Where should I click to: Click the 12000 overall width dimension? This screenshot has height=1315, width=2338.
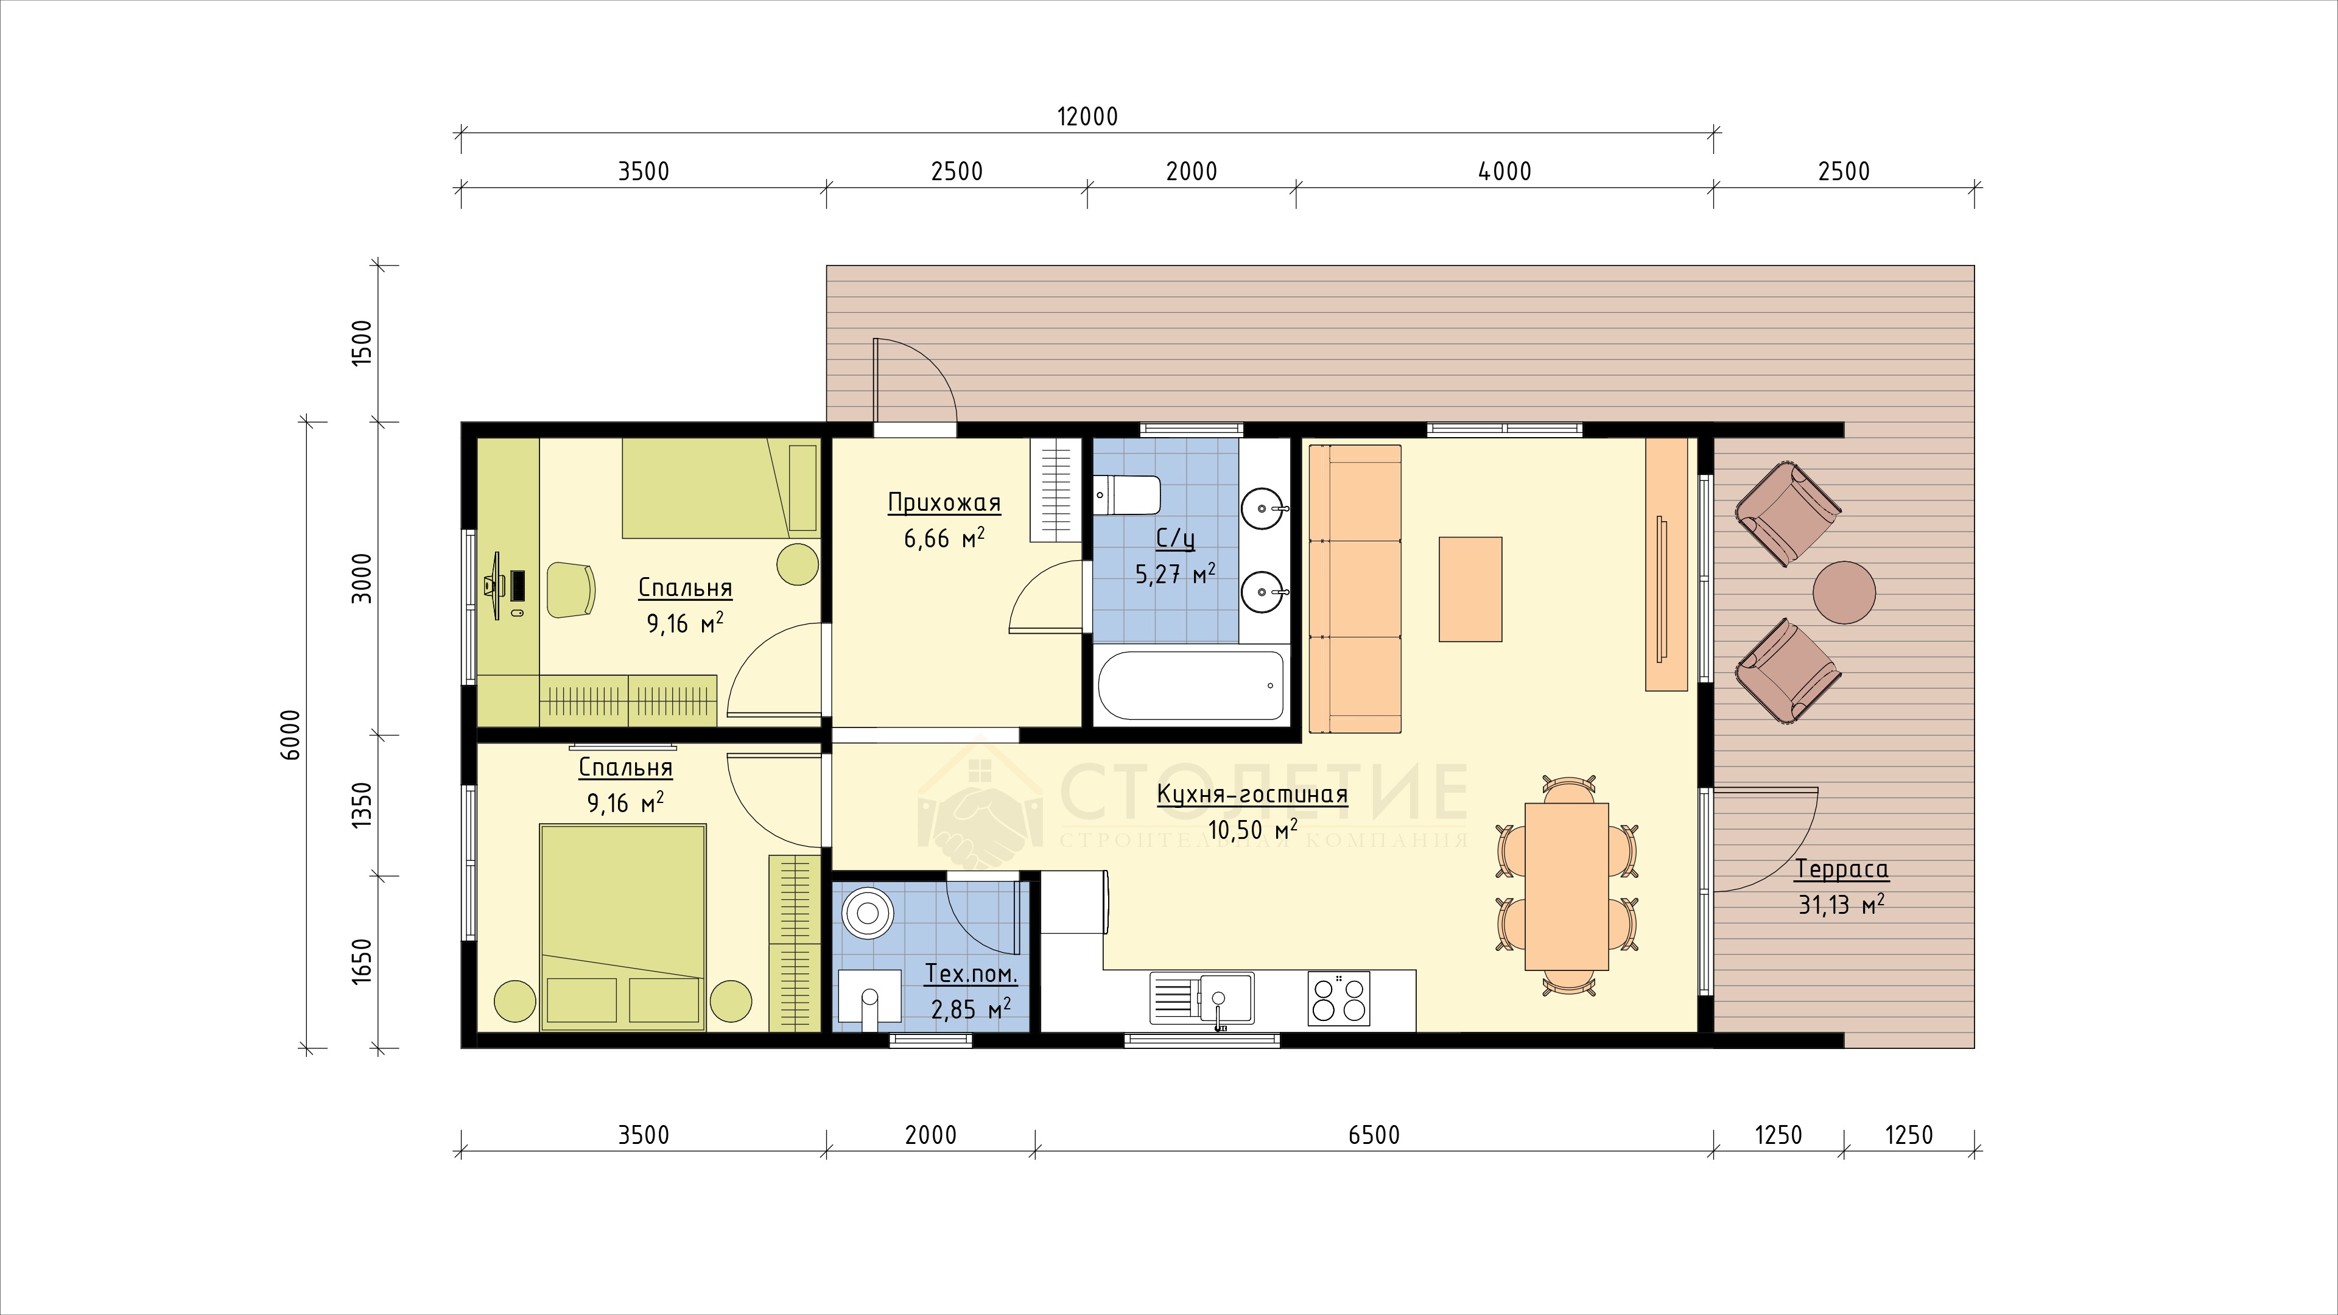pos(1087,117)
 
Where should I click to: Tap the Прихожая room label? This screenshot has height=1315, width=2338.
pos(944,503)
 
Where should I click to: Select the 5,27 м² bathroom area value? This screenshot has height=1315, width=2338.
pos(1175,573)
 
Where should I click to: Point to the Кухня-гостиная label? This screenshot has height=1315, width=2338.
pos(1252,795)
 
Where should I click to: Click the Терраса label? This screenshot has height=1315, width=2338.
pos(1842,869)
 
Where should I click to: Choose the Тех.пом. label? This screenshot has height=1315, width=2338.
pos(971,975)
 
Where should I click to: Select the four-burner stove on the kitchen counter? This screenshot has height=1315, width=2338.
pos(1339,998)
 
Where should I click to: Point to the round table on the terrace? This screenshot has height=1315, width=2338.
pos(1844,592)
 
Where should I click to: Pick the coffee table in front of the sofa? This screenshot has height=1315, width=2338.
pos(1470,589)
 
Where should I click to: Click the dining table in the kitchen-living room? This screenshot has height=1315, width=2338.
pos(1567,886)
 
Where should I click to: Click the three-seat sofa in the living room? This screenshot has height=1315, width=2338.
pos(1356,589)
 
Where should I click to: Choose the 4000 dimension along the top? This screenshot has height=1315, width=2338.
pos(1505,172)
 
